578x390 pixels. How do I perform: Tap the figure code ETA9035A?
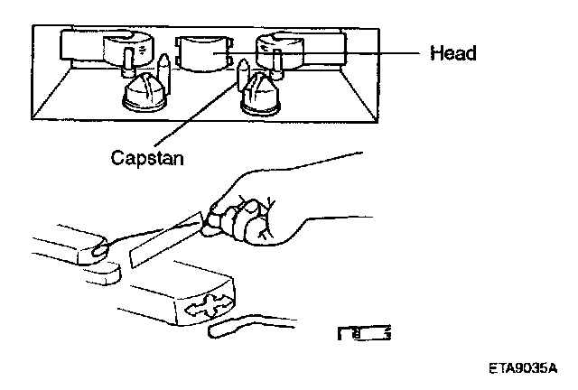point(523,368)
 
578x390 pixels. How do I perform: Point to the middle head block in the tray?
point(203,56)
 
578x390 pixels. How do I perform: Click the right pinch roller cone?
point(262,93)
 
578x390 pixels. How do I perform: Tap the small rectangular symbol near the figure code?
point(365,335)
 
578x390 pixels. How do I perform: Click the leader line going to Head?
point(361,54)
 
